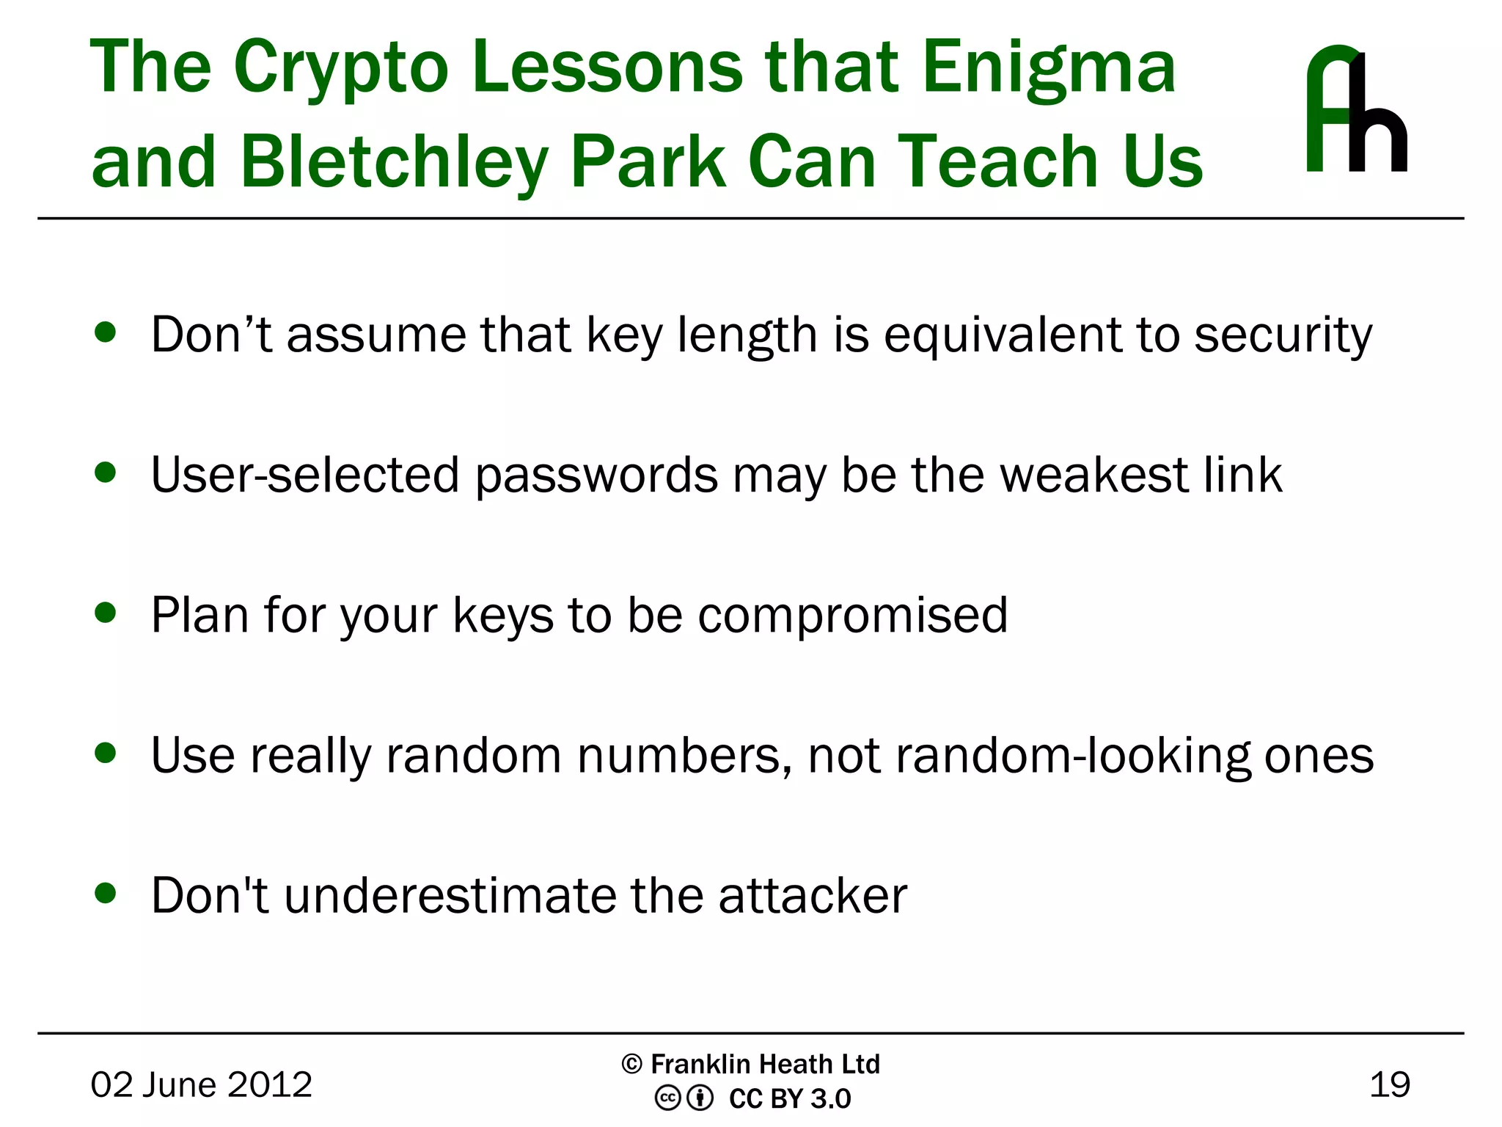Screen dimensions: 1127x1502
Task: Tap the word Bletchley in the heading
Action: pyautogui.click(x=394, y=163)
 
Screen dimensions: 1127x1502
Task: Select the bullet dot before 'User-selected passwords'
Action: pyautogui.click(x=106, y=473)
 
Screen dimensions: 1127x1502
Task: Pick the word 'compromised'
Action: pyautogui.click(x=852, y=615)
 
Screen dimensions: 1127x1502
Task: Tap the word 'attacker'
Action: pyautogui.click(x=813, y=896)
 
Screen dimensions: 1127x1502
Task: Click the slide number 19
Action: pyautogui.click(x=1389, y=1084)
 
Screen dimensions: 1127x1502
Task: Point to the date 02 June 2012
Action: pyautogui.click(x=201, y=1084)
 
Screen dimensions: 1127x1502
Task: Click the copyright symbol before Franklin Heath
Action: pyautogui.click(x=631, y=1064)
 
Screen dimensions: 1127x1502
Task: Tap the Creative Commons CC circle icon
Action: pyautogui.click(x=667, y=1098)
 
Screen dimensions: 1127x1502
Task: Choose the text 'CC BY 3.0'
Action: pyautogui.click(x=789, y=1099)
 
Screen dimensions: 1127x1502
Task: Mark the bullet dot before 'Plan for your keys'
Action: pyautogui.click(x=106, y=613)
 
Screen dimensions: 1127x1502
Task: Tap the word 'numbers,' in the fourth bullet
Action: pyautogui.click(x=684, y=756)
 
